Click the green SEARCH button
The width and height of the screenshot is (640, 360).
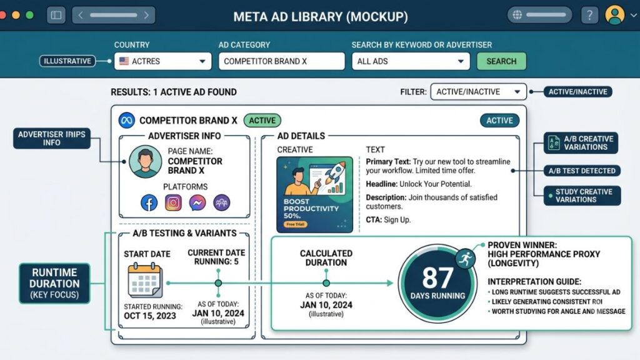(501, 61)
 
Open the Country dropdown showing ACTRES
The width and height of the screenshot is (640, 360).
(163, 61)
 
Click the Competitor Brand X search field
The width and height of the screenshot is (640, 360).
(282, 61)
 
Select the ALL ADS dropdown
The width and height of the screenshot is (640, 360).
(411, 61)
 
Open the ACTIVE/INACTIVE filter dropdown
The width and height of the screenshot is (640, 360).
(478, 92)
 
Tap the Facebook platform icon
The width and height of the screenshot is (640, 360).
(149, 202)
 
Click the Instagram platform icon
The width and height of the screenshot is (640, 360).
(173, 202)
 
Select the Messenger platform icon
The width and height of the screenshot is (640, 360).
(197, 202)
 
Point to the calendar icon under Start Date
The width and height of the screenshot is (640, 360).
(145, 281)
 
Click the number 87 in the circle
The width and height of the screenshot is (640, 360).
(437, 278)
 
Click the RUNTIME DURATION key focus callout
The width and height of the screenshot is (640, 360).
(54, 283)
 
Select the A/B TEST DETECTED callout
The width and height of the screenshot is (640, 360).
(582, 171)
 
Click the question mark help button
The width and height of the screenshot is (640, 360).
(589, 16)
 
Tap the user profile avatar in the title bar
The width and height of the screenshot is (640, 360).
(615, 15)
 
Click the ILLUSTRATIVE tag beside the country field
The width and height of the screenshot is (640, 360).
(67, 61)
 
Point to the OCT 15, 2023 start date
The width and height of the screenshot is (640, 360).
(150, 316)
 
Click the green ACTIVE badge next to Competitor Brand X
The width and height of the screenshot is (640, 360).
(262, 121)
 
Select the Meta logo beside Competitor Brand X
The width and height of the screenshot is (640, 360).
(126, 121)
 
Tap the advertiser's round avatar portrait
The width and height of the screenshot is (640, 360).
(145, 162)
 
